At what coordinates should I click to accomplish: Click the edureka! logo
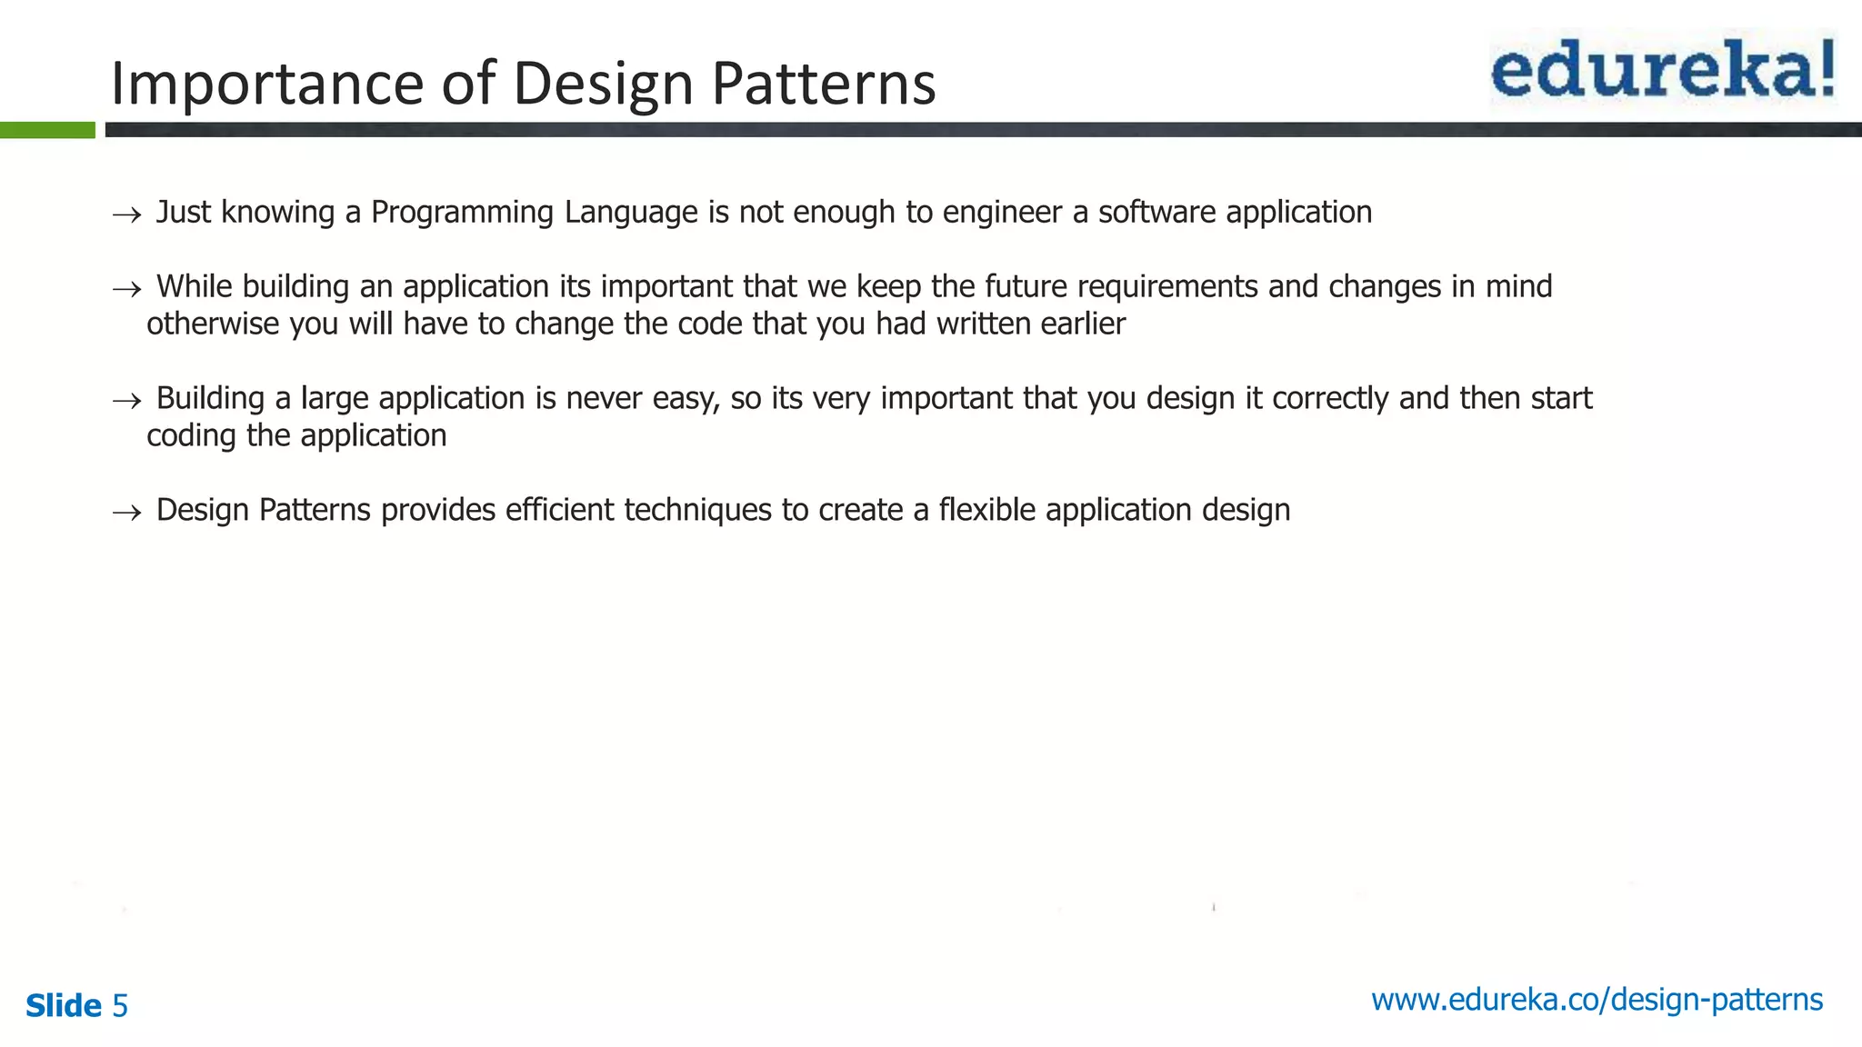click(1662, 69)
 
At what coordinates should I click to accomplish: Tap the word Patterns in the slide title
click(823, 84)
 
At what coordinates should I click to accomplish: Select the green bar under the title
click(47, 130)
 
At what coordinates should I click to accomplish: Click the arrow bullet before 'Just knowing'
click(126, 215)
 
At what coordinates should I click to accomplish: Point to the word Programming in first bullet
click(462, 213)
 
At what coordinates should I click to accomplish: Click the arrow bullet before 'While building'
click(126, 290)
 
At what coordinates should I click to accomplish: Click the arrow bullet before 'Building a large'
click(126, 402)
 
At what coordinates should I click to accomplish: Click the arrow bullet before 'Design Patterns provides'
click(126, 514)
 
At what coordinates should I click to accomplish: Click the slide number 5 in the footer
click(120, 1006)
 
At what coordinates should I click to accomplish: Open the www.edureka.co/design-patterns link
click(1597, 1000)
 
